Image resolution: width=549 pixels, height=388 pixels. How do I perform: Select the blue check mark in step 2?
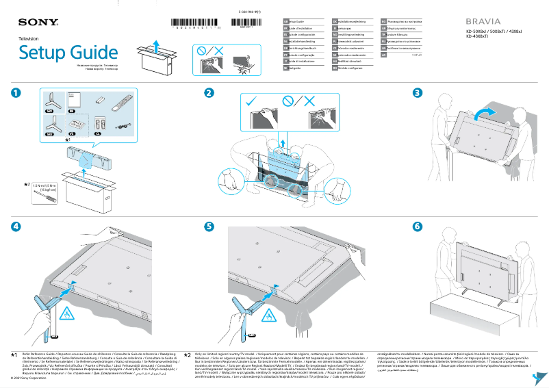click(x=251, y=101)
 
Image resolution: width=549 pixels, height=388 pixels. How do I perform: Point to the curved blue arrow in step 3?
click(x=483, y=112)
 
